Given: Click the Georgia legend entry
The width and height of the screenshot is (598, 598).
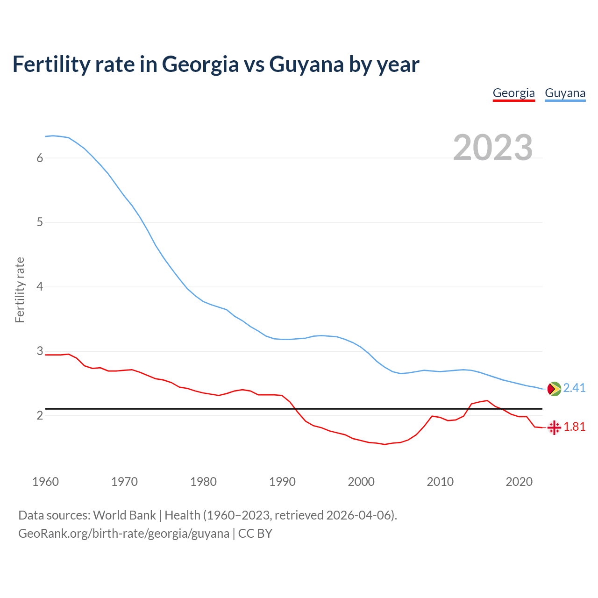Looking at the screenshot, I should point(513,93).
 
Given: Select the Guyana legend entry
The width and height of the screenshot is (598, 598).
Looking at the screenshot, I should point(565,93).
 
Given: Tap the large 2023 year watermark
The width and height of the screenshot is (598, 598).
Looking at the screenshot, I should point(492,148).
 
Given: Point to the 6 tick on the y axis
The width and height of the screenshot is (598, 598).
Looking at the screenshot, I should point(40,158).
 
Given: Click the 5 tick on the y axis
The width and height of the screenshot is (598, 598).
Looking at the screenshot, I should point(40,222).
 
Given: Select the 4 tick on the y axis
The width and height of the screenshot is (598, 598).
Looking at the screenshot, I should point(40,286).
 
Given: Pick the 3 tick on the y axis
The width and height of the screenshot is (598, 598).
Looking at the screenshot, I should point(40,351).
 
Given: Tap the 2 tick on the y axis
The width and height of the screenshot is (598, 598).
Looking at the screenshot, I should point(40,415).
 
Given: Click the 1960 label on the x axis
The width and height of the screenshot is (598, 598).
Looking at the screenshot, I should point(45,482).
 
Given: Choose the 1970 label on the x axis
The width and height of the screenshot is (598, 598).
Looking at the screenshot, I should point(124,482).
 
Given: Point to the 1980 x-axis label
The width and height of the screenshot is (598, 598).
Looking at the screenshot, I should point(203,482).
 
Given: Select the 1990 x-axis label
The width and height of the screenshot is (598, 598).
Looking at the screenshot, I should point(282,482).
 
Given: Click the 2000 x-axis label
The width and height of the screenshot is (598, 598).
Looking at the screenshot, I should point(361,482).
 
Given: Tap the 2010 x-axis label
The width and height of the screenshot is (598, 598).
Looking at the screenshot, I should point(440,482).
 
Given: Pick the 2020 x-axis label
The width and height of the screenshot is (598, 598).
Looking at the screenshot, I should point(519,482).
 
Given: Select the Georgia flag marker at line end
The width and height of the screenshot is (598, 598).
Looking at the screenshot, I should point(554,427).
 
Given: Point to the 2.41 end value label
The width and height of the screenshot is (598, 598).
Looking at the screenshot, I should point(574,388).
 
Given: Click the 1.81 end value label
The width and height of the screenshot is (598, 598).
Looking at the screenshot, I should point(574,427).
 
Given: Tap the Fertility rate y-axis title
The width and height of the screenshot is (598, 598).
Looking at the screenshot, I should point(20,290).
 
